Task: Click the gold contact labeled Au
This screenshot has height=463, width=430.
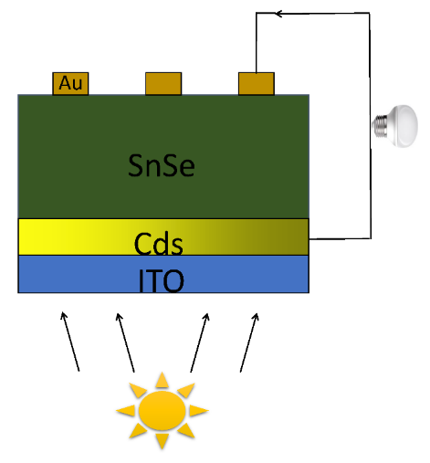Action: pyautogui.click(x=70, y=84)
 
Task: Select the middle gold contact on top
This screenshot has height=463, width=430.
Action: pyautogui.click(x=163, y=84)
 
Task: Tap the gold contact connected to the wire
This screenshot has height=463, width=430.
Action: pyautogui.click(x=257, y=84)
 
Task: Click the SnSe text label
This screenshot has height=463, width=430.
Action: pyautogui.click(x=162, y=165)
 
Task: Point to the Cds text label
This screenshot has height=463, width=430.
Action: pyautogui.click(x=159, y=244)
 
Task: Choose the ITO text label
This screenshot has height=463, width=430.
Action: pyautogui.click(x=162, y=280)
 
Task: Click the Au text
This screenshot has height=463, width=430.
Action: pyautogui.click(x=70, y=83)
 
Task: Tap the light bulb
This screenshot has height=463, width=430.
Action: pyautogui.click(x=395, y=126)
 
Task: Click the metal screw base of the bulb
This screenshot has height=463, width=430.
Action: pyautogui.click(x=380, y=126)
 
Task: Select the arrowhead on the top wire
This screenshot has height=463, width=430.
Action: pyautogui.click(x=278, y=14)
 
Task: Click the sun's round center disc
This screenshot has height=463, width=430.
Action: pyautogui.click(x=163, y=411)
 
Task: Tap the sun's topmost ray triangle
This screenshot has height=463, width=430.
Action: pyautogui.click(x=163, y=380)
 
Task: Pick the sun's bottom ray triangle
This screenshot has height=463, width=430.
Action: pyautogui.click(x=163, y=441)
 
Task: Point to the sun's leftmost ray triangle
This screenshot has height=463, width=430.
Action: pyautogui.click(x=126, y=411)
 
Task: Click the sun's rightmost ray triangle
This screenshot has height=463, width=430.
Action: pyautogui.click(x=199, y=411)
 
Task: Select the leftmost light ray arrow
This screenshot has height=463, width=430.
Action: pyautogui.click(x=70, y=342)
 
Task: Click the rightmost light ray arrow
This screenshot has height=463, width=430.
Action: pyautogui.click(x=249, y=342)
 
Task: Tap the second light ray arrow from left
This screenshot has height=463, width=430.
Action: pyautogui.click(x=125, y=342)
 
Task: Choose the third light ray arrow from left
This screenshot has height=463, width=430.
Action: pyautogui.click(x=200, y=342)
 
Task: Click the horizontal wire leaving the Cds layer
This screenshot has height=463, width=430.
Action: pyautogui.click(x=340, y=239)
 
